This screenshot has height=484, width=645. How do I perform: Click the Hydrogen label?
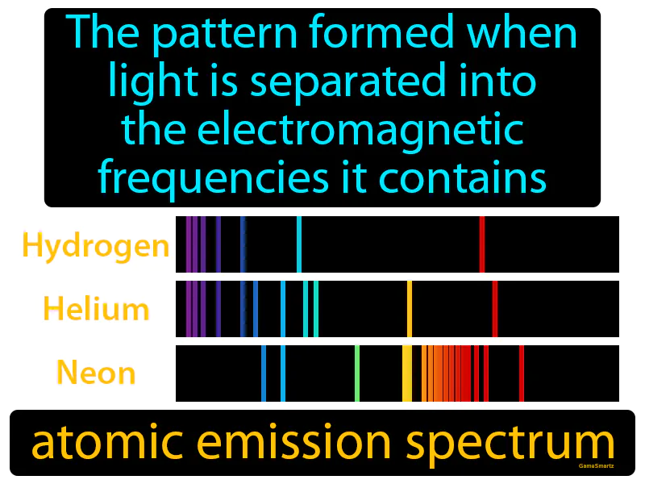coord(96,245)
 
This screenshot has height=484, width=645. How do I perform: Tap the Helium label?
coord(96,308)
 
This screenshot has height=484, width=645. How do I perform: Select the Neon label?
coord(96,373)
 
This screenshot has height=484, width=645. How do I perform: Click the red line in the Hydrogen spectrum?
coord(481,244)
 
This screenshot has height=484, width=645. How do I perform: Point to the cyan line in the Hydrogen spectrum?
coord(299,244)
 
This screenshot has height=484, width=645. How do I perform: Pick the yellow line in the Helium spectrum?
coord(410,309)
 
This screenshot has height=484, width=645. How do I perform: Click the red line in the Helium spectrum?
coord(494,309)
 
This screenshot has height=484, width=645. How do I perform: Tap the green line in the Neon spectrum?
coord(357,373)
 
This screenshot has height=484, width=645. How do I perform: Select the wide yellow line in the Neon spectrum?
coord(407,373)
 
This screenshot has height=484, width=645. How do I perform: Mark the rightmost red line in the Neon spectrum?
coord(522,373)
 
